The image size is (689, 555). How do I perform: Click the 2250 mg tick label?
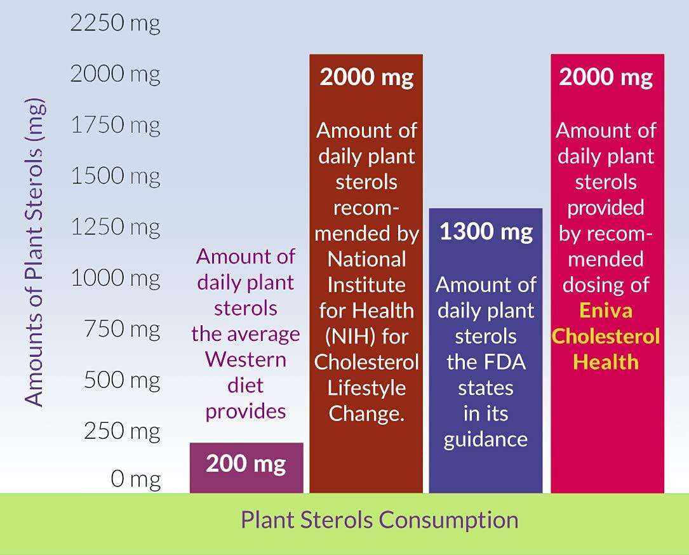tap(115, 23)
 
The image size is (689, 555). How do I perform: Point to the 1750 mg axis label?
tap(115, 125)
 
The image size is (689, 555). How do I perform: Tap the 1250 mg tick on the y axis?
tap(115, 227)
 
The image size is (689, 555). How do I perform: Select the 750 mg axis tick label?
tap(122, 329)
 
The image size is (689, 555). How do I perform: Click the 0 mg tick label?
tap(135, 479)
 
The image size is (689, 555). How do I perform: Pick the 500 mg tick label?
tap(122, 380)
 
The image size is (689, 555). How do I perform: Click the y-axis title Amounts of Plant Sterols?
tap(36, 251)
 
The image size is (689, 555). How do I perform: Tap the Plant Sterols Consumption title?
tap(379, 520)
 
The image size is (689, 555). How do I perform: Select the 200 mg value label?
tap(246, 464)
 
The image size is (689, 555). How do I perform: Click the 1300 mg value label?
tap(486, 232)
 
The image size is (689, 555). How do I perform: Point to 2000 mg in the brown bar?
tap(366, 77)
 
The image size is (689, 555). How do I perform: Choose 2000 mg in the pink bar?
tap(606, 77)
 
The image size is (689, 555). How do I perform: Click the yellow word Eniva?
tap(606, 311)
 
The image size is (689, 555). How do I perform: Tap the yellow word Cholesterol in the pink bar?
tap(606, 336)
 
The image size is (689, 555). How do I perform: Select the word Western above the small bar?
tap(246, 359)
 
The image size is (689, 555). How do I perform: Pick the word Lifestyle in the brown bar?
tap(366, 388)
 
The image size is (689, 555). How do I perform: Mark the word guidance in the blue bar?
tap(486, 439)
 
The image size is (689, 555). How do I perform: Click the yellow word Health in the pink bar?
tap(606, 362)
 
